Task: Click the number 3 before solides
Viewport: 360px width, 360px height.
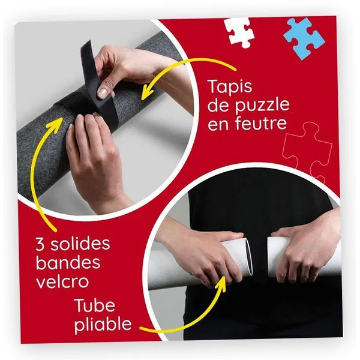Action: [x=40, y=244]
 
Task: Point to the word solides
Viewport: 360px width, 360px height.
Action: [x=80, y=244]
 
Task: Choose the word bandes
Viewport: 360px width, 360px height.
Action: [x=68, y=262]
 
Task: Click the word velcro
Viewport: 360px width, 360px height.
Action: [x=62, y=281]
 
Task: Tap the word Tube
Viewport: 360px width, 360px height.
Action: [x=95, y=305]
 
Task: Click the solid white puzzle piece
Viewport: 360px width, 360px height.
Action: [x=239, y=32]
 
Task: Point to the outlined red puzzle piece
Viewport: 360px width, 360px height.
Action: [x=307, y=149]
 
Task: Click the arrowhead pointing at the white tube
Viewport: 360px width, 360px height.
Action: [x=223, y=284]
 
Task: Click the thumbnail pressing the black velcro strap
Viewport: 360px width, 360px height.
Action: [x=102, y=93]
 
